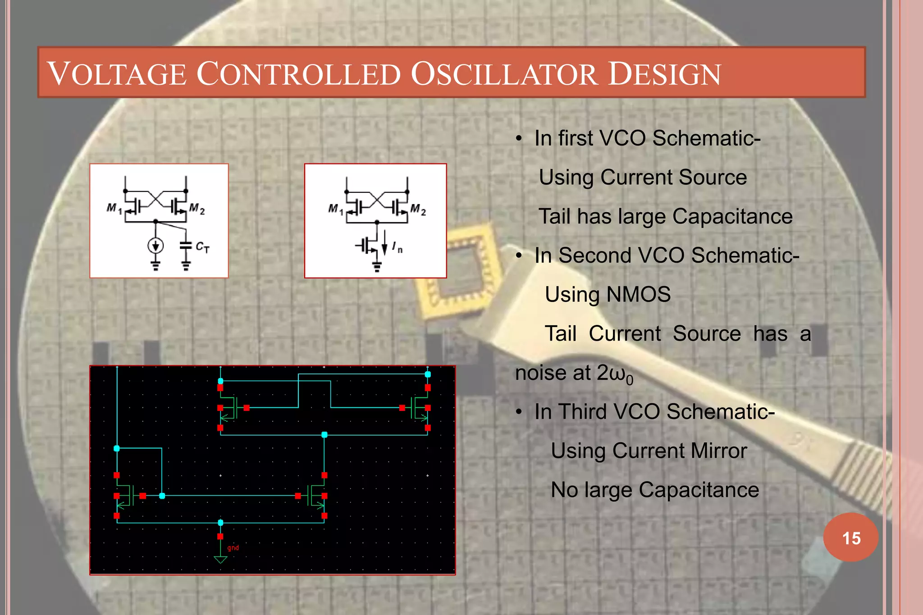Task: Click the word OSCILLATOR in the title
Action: pos(504,74)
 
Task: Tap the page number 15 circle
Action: pos(851,538)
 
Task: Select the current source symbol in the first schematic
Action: pos(155,246)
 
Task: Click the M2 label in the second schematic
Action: pos(418,209)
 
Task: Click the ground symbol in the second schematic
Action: pos(377,268)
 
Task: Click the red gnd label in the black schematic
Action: pos(233,548)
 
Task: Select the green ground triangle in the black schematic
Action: pos(220,560)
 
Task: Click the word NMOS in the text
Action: pos(639,295)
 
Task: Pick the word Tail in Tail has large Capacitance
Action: pos(555,217)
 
